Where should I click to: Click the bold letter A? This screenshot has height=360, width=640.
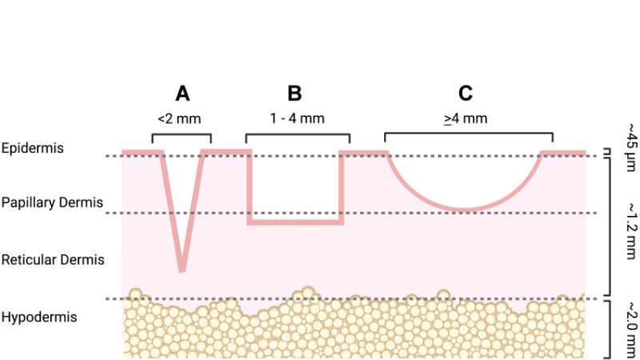tap(182, 94)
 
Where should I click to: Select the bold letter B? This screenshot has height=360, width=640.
tap(294, 93)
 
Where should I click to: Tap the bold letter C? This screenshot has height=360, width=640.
tap(466, 93)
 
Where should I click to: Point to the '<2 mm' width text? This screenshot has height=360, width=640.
tap(179, 119)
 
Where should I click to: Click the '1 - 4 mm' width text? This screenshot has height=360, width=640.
tap(297, 118)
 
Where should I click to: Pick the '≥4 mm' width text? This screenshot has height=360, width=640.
tap(466, 118)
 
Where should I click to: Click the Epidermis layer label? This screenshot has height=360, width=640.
tap(33, 148)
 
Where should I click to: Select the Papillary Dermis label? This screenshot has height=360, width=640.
tap(52, 202)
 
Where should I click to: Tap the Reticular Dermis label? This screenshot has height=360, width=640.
tap(53, 259)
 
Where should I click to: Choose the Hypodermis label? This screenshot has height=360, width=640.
tap(39, 317)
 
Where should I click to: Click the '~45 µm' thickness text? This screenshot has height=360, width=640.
tap(631, 147)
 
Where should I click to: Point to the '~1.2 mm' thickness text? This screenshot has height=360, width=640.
tap(631, 231)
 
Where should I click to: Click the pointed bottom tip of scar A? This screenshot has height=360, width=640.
tap(182, 270)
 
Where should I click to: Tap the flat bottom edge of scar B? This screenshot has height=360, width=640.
tap(295, 222)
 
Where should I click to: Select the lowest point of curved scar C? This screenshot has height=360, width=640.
tap(466, 210)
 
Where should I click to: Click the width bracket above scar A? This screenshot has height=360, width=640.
tap(182, 134)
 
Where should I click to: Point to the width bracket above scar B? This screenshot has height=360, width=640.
tap(298, 134)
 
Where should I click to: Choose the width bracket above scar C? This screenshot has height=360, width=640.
tap(469, 134)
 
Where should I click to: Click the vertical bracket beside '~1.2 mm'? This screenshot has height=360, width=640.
tap(610, 226)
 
